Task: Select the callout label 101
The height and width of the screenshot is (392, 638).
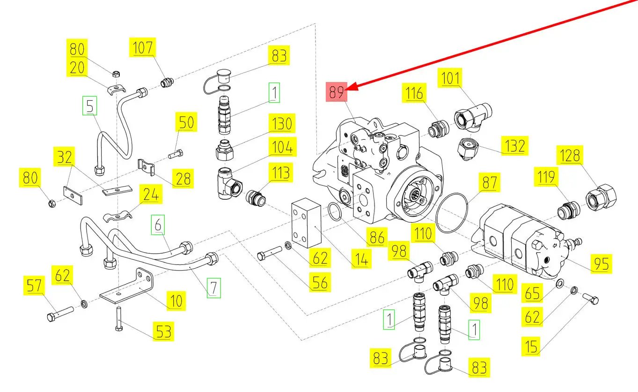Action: [451, 79]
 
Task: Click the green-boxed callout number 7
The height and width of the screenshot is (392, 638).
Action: [213, 287]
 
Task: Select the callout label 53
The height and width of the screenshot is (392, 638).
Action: [163, 332]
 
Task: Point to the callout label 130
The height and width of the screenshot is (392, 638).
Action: [281, 124]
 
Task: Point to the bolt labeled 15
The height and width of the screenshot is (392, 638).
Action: [592, 298]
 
